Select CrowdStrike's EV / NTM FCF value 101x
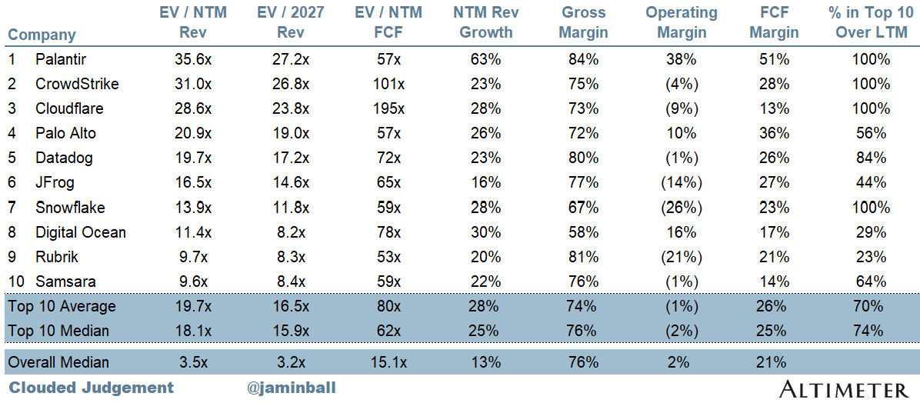(390, 84)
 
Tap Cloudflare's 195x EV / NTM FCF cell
(390, 108)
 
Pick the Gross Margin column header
(583, 22)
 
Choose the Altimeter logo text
(845, 389)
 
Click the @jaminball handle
(292, 388)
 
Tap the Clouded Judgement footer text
(92, 388)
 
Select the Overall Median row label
(58, 362)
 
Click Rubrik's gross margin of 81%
(583, 257)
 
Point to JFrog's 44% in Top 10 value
(871, 183)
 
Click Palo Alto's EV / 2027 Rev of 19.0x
(291, 133)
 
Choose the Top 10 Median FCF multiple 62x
(390, 331)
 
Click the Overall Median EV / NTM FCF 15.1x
(390, 362)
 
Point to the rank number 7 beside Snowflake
(12, 208)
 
